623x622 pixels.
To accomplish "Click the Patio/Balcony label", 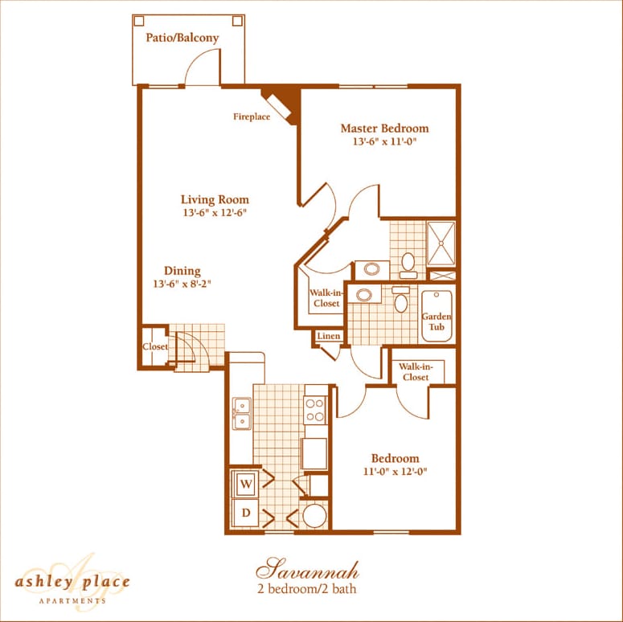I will (182, 38).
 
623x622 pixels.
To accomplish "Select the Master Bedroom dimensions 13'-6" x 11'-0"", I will (383, 142).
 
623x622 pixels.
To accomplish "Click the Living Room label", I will (215, 199).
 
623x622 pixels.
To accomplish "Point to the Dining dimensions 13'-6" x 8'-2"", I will (182, 284).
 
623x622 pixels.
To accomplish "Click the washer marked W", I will (246, 484).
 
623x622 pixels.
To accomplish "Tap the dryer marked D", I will (246, 513).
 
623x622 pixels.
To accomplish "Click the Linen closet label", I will (328, 336).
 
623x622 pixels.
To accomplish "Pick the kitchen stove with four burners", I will (315, 410).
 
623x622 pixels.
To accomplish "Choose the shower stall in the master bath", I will (441, 243).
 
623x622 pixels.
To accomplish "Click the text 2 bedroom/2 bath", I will (307, 589).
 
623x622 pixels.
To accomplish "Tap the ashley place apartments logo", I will (72, 580).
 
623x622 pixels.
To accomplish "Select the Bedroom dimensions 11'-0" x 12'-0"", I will (394, 472).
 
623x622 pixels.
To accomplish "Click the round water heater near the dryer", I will (315, 515).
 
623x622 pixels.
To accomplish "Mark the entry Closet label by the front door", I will (155, 346).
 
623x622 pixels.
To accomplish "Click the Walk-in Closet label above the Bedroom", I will (415, 372).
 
